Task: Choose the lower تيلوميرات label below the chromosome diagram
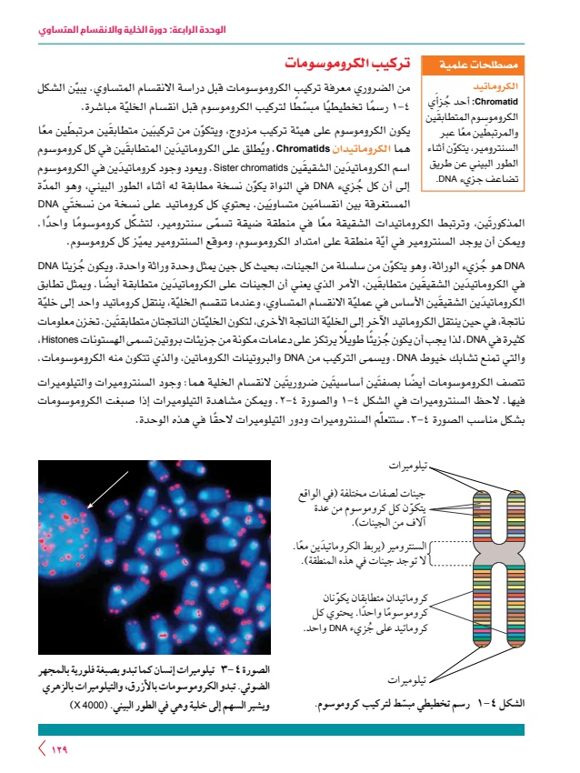(411, 679)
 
